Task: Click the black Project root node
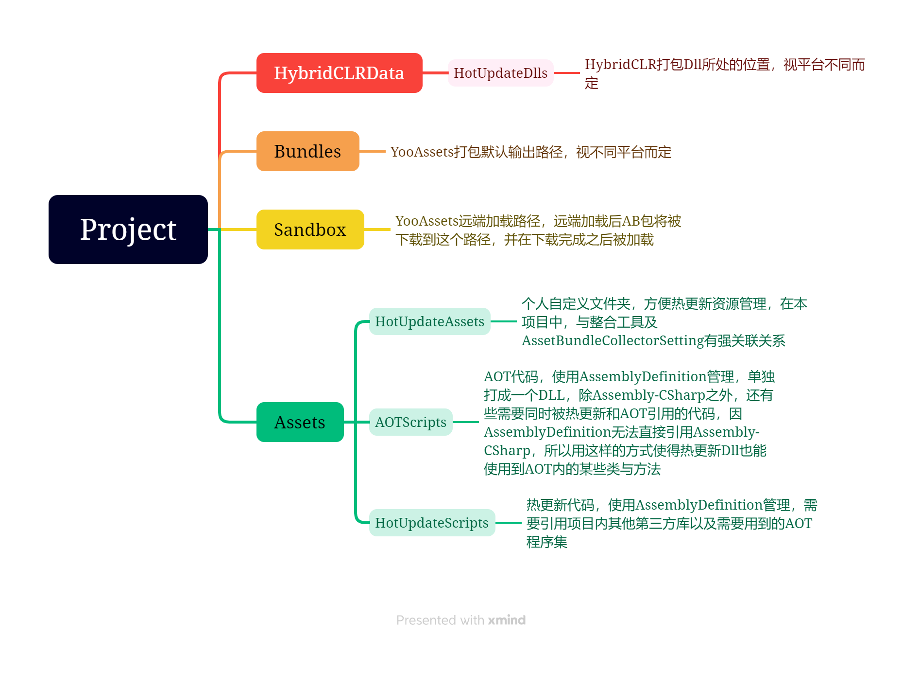(128, 230)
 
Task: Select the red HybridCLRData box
(339, 73)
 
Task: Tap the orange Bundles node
(307, 151)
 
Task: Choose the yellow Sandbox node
(310, 230)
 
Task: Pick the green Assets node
(300, 422)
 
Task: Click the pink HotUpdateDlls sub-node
(500, 73)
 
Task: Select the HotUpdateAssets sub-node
(429, 321)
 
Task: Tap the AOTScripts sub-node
(410, 422)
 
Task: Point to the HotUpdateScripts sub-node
(431, 523)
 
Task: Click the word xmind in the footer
(507, 620)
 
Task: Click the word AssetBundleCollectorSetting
(613, 341)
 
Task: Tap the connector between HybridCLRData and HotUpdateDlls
(435, 73)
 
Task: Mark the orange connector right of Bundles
(373, 151)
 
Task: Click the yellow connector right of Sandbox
(377, 230)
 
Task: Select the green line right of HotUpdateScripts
(508, 523)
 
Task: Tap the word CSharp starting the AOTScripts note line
(507, 451)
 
